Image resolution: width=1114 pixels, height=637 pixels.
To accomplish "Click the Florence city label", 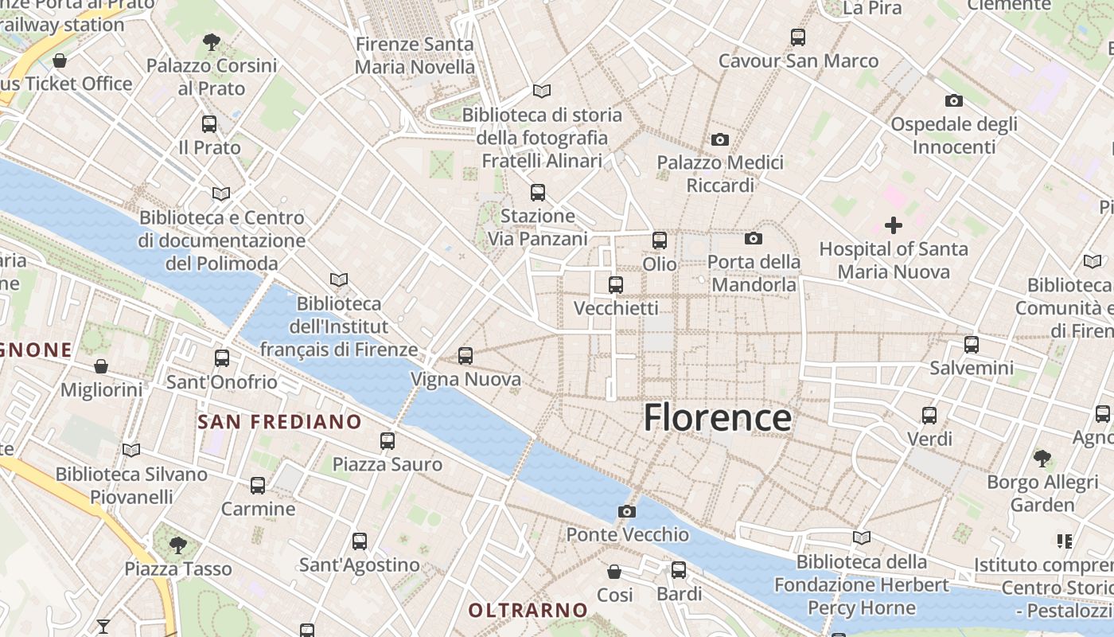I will [x=717, y=417].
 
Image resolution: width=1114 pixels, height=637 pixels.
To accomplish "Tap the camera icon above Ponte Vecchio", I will [x=627, y=511].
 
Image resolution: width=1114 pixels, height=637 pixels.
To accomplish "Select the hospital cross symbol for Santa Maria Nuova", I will [x=894, y=225].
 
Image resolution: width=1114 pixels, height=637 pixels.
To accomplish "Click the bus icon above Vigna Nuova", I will [x=465, y=356].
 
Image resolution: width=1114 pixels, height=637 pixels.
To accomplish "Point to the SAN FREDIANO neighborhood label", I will [x=279, y=422].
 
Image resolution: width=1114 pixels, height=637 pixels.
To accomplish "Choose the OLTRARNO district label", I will [x=528, y=611].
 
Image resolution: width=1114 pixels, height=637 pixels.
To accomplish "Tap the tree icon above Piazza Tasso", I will [x=178, y=545].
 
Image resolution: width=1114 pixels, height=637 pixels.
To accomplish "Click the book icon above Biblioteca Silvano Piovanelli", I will [x=131, y=451].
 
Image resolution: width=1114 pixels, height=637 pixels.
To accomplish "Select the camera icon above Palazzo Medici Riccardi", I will [x=720, y=139].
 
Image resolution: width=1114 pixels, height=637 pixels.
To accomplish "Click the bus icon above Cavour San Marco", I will [x=798, y=37].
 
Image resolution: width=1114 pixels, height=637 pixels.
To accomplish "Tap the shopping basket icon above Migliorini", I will [x=101, y=366].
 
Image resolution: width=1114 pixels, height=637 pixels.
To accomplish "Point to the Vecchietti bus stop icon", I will [x=615, y=284].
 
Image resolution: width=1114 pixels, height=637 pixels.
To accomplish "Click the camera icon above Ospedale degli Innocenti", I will [x=953, y=100].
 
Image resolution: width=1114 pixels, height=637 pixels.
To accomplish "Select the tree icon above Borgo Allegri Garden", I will [x=1042, y=458].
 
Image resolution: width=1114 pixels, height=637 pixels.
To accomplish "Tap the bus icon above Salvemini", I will [x=972, y=345].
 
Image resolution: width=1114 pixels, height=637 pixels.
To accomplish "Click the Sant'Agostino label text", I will [x=359, y=565].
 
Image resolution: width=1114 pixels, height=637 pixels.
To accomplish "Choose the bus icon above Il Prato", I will [x=209, y=124].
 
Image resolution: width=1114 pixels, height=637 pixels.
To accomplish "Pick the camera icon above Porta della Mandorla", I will [x=753, y=238].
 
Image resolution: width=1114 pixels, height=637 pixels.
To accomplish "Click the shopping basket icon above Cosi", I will [x=614, y=572].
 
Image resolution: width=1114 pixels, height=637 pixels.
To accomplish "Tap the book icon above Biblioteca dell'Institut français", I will [x=339, y=279].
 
